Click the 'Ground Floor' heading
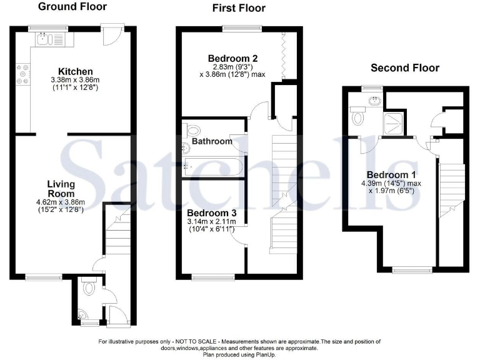tap(72, 7)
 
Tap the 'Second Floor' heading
tap(405, 67)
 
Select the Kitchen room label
tap(75, 71)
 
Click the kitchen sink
tap(42, 41)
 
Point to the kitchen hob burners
tap(24, 74)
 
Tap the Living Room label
tap(61, 189)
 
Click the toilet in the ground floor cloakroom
tap(89, 287)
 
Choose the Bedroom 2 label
tap(232, 59)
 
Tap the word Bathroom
tap(212, 141)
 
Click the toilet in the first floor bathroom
tap(192, 131)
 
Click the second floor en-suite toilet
tap(358, 117)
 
